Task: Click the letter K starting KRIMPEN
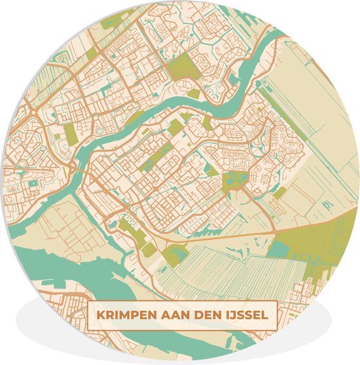(100, 315)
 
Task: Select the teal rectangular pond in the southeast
(280, 249)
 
